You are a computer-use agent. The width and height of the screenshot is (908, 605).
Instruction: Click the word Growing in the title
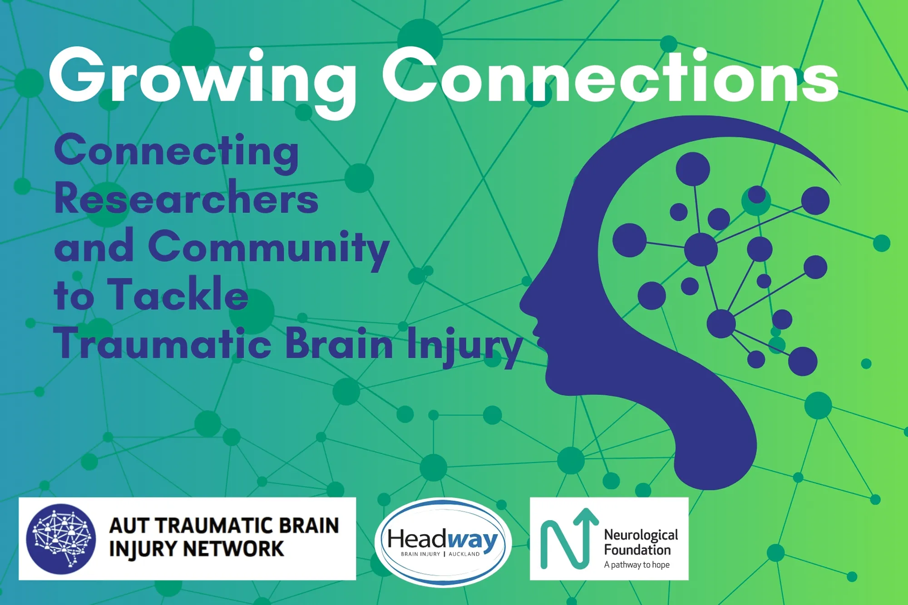coord(202,77)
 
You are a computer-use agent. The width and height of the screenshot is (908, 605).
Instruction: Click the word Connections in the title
coord(611,77)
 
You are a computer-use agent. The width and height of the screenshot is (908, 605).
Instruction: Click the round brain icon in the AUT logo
coord(61,539)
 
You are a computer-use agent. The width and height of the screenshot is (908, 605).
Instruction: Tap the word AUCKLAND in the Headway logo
coord(464,554)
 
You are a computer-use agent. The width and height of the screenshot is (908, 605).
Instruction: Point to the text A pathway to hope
coord(637,565)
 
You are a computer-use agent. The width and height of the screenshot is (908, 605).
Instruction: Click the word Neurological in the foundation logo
coord(641,535)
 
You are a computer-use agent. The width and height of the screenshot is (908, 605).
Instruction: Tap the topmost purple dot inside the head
coord(692,169)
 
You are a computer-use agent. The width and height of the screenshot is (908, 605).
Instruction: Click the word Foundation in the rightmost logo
coord(637,550)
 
